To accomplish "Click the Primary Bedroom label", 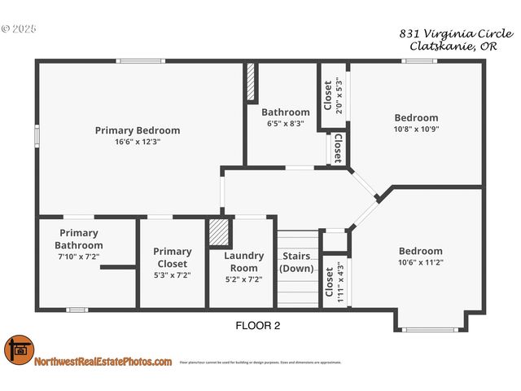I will click(x=138, y=130).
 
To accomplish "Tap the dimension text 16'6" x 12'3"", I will click(x=138, y=141).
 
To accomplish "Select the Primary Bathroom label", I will click(x=79, y=239).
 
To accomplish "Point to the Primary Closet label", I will click(x=173, y=257).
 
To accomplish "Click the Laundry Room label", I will click(x=243, y=261).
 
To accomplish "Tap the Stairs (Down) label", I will click(x=296, y=262).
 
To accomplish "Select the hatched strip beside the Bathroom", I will click(x=252, y=83).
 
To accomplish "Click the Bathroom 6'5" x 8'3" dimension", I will click(x=285, y=124).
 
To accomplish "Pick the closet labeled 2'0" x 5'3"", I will click(x=334, y=95).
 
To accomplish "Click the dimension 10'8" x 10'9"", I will click(x=416, y=129).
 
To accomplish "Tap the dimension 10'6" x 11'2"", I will click(x=420, y=262).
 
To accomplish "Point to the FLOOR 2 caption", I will click(x=258, y=326).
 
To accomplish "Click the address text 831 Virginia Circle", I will click(x=456, y=34).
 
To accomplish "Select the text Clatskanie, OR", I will click(x=461, y=47).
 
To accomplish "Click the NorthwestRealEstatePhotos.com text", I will click(x=103, y=362).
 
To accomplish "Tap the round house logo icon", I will click(x=18, y=351).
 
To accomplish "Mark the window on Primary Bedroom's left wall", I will click(x=37, y=135).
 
